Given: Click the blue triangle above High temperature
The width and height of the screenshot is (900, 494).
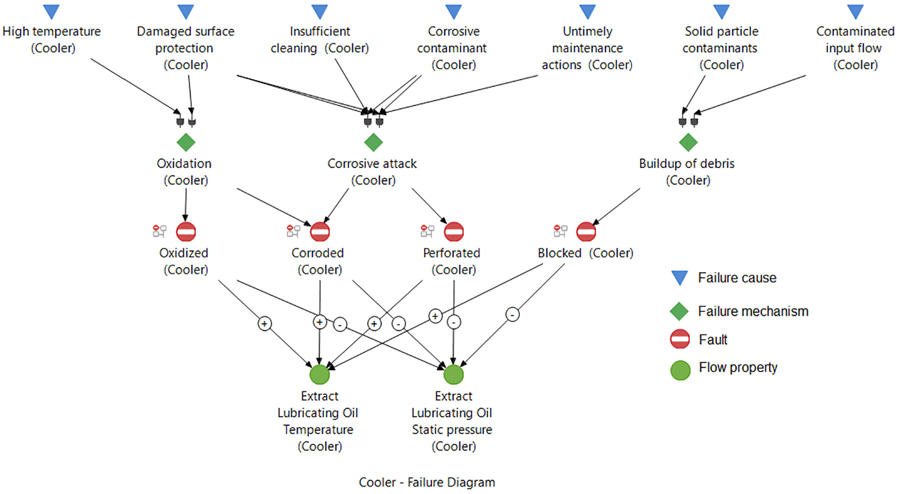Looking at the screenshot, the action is click(51, 11).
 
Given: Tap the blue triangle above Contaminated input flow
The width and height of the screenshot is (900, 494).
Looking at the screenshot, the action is click(855, 11).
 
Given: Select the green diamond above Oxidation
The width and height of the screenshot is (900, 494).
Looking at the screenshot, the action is click(186, 142).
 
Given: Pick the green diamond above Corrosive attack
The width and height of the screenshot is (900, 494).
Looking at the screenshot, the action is click(374, 142).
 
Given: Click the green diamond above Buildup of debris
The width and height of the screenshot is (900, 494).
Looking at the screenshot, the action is click(688, 142).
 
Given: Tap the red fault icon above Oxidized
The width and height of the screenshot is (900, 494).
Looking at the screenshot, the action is click(186, 232).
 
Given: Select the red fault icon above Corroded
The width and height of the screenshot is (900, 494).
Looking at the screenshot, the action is click(320, 232).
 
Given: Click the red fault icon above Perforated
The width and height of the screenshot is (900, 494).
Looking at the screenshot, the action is click(454, 232).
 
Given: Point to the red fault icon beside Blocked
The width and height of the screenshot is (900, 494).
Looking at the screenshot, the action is click(586, 232).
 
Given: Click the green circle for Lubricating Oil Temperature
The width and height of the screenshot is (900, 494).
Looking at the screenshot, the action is click(319, 374).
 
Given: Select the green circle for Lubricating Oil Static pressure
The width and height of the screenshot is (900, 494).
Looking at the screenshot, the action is click(453, 374).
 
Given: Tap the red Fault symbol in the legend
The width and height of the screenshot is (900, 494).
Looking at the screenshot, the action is click(680, 339).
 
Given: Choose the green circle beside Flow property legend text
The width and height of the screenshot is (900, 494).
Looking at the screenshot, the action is click(680, 370).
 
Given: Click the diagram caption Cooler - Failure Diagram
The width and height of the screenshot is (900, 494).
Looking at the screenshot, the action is click(427, 482).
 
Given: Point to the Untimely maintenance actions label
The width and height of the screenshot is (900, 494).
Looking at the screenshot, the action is click(587, 48).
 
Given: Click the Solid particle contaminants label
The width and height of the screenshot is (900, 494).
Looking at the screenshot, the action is click(721, 48).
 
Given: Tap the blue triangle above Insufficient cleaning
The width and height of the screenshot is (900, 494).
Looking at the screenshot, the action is click(319, 11).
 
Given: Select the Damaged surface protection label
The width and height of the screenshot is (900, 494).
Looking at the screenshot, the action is click(186, 48).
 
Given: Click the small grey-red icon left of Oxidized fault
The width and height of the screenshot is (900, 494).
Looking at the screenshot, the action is click(159, 231).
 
